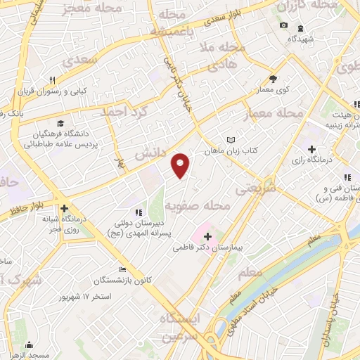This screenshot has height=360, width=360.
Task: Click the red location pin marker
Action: coord(181,165)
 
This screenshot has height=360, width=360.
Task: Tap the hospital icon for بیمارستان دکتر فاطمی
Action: coord(207,236)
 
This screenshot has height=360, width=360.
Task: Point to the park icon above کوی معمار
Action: coord(274,79)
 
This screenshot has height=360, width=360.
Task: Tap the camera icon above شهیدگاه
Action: coord(283,25)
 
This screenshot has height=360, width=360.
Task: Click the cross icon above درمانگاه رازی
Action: coord(311,149)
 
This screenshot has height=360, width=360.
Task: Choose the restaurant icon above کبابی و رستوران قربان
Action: coord(52,79)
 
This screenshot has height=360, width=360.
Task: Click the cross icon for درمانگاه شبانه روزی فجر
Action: coord(64,209)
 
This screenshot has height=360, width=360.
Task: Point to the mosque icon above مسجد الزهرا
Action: coord(30,345)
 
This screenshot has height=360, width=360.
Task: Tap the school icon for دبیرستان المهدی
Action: coord(139,212)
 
